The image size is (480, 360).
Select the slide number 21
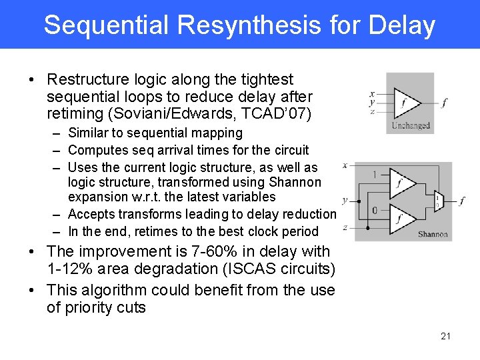point(445,336)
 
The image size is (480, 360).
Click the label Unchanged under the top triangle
point(411,125)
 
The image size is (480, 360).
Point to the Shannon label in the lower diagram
point(433,234)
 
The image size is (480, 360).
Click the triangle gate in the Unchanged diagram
point(406,103)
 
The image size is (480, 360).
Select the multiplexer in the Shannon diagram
point(437,201)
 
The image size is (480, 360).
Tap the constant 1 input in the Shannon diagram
point(375,175)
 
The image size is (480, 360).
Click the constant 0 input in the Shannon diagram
point(375,211)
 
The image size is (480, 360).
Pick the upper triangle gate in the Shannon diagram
point(401,183)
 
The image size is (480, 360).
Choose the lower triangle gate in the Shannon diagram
point(401,219)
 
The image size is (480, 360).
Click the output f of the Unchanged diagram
point(445,103)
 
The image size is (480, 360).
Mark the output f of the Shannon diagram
point(462,201)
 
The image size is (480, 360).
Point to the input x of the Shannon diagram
point(345,165)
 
